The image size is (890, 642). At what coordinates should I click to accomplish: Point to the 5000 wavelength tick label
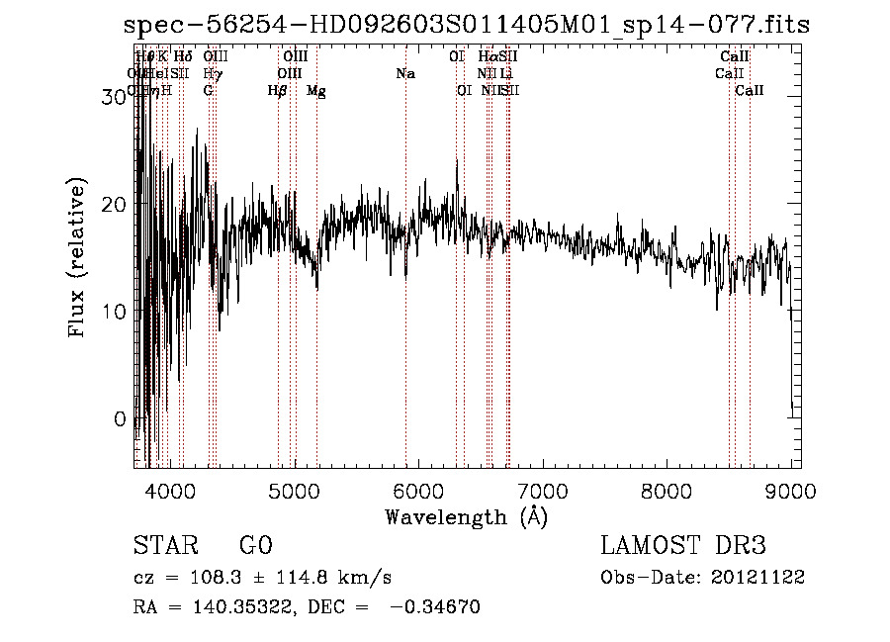tap(295, 492)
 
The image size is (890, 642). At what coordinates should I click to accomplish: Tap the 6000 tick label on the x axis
tap(419, 492)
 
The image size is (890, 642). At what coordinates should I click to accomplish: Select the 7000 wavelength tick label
tap(543, 492)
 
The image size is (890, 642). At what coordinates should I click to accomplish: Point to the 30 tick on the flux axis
tap(116, 97)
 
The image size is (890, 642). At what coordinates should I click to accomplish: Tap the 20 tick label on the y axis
tap(116, 204)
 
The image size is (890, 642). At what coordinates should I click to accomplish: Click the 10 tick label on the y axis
tap(116, 311)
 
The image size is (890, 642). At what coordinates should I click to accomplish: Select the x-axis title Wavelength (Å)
tap(466, 516)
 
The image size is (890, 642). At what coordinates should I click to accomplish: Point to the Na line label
tap(404, 73)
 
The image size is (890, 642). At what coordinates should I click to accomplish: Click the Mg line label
tap(316, 91)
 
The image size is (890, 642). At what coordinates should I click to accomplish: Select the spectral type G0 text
tap(255, 546)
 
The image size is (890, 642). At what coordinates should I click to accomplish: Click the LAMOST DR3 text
tap(683, 546)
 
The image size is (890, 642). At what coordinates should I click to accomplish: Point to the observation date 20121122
tap(757, 578)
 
